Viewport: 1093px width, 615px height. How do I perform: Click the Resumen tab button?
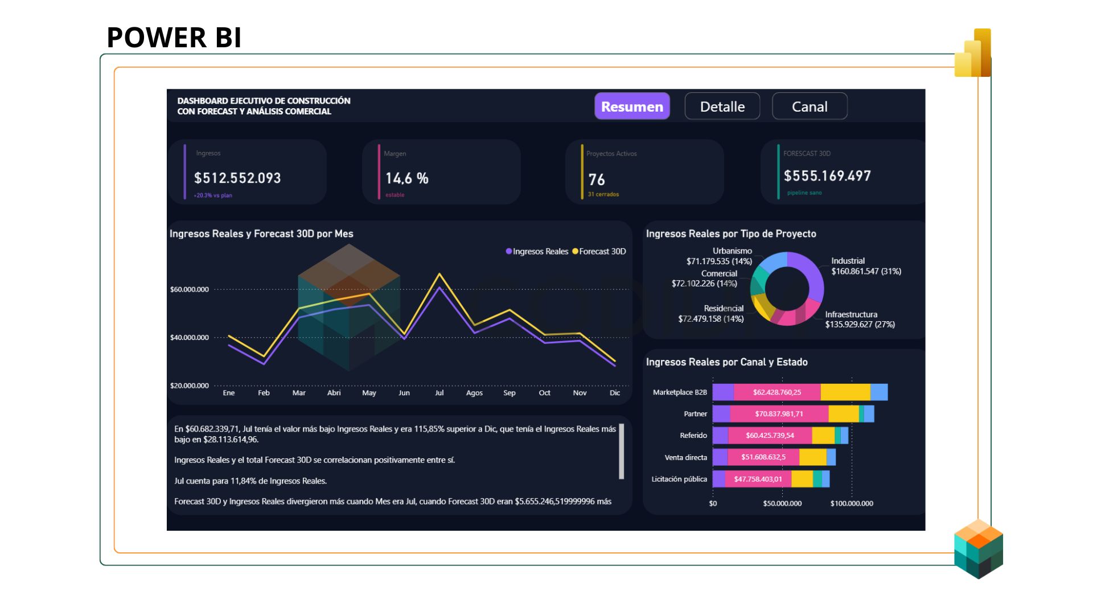[x=632, y=106]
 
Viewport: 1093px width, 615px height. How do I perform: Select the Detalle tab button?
[x=722, y=106]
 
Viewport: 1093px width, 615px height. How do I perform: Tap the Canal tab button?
[x=809, y=106]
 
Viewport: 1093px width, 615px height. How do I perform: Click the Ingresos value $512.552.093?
[x=237, y=178]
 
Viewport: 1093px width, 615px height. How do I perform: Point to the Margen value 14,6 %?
[x=406, y=179]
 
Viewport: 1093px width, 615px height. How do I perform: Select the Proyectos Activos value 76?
[x=596, y=180]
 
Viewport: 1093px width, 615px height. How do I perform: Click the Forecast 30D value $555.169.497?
[x=827, y=176]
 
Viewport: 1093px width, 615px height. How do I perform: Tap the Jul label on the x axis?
[x=439, y=393]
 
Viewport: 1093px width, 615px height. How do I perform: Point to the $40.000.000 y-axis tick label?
[x=190, y=338]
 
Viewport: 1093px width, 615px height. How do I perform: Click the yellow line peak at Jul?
[x=439, y=274]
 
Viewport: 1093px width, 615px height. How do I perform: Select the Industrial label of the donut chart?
[x=848, y=261]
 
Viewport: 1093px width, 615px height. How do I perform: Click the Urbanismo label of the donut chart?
[x=732, y=251]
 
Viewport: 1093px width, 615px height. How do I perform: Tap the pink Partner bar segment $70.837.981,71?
[x=779, y=414]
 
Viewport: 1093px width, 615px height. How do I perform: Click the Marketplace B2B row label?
[x=680, y=392]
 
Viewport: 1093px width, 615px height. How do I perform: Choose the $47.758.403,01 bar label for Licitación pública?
[x=758, y=479]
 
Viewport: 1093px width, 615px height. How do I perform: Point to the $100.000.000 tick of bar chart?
[x=851, y=503]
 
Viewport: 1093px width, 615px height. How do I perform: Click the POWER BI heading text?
[x=174, y=38]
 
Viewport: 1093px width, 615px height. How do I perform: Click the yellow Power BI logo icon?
[x=973, y=54]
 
